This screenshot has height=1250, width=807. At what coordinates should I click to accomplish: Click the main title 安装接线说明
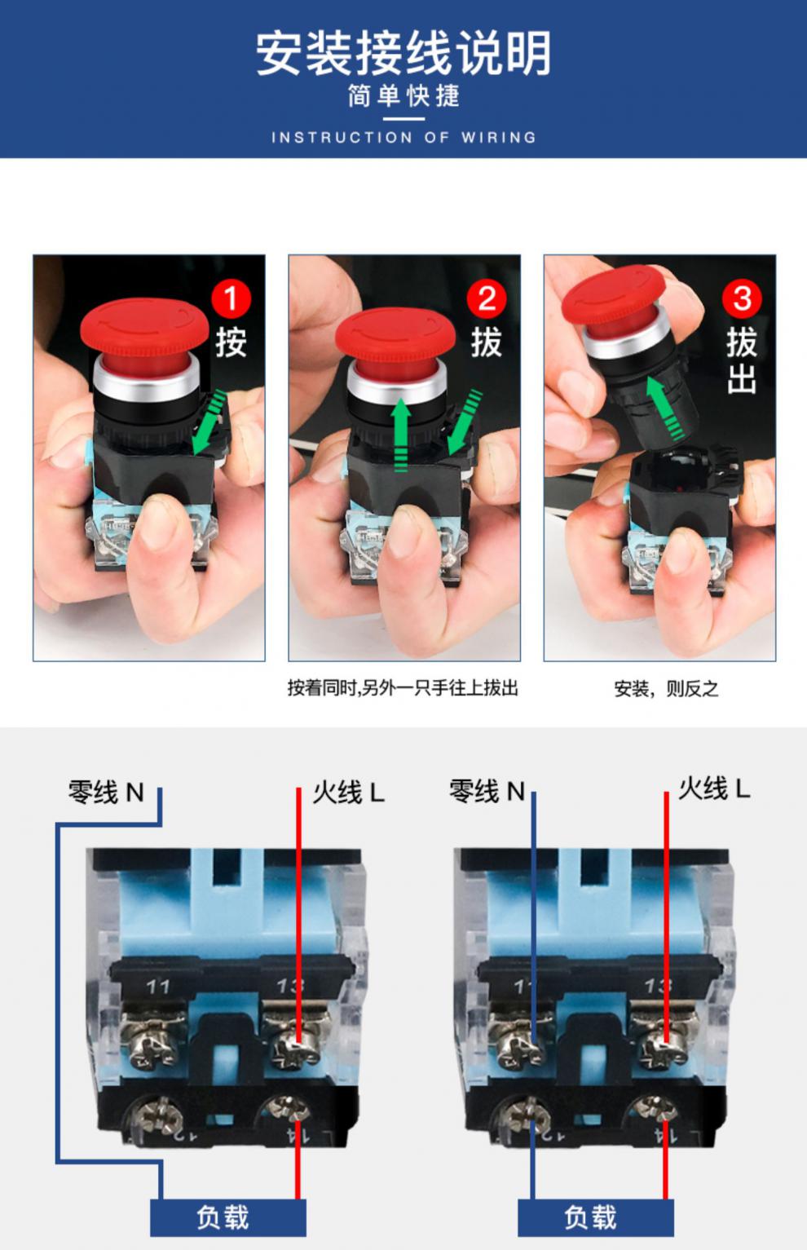(x=403, y=53)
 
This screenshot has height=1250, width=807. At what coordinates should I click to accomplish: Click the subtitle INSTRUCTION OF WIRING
(x=403, y=138)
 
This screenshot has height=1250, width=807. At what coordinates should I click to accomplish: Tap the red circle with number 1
(x=231, y=299)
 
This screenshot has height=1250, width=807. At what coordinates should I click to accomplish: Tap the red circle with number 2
(x=486, y=299)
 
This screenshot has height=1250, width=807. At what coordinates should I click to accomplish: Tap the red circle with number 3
(x=741, y=299)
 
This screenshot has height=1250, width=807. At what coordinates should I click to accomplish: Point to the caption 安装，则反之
(x=666, y=689)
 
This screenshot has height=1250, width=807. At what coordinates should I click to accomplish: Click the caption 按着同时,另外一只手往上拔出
(x=403, y=688)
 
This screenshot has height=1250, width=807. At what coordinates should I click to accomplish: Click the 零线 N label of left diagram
(x=106, y=792)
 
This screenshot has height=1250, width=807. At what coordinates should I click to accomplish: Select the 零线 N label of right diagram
(x=487, y=791)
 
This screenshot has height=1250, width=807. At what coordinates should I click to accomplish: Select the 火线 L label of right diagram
(x=714, y=788)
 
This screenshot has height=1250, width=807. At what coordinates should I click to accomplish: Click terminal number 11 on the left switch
(x=158, y=987)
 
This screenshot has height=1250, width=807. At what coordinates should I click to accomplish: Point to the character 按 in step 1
(x=231, y=342)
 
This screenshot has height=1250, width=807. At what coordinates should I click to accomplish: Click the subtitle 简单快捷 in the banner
(x=403, y=96)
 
